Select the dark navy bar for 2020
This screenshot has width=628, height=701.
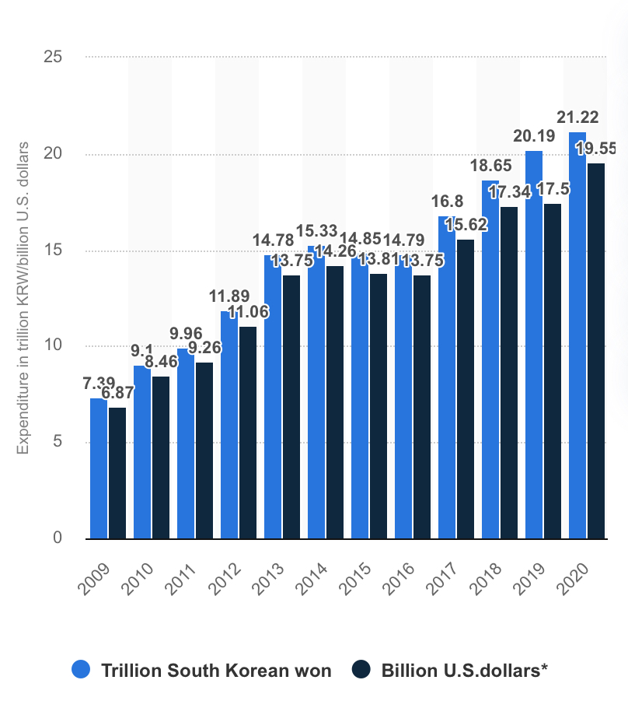(596, 350)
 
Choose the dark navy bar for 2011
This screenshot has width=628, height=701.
(204, 450)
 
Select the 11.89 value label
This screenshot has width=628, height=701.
(229, 296)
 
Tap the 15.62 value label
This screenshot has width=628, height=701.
(466, 224)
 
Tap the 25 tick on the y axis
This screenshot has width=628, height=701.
(54, 58)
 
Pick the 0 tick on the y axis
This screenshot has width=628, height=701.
(58, 538)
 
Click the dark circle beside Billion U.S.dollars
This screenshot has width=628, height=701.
(361, 670)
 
